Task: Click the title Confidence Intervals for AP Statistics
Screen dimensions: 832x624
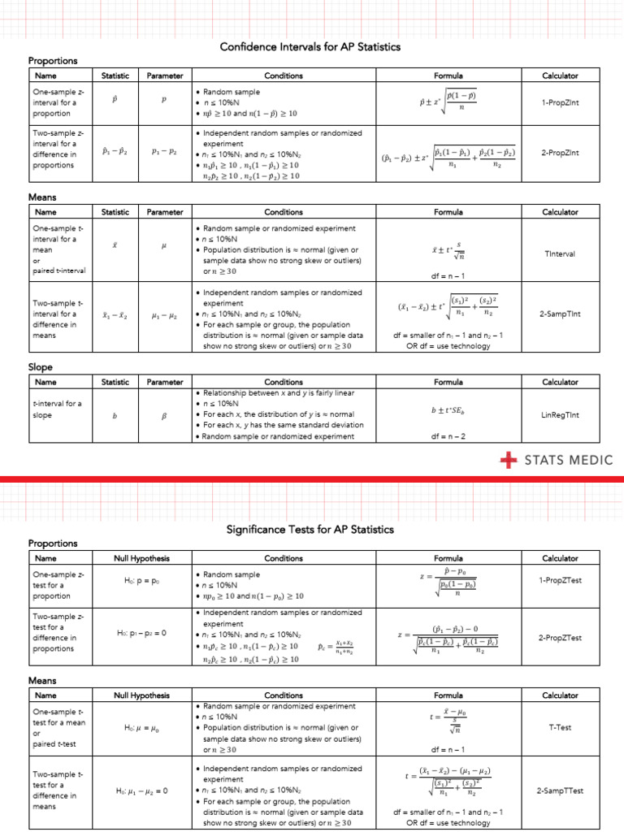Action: [311, 47]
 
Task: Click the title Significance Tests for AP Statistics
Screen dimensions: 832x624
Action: [311, 530]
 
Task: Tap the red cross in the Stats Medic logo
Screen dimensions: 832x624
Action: [509, 461]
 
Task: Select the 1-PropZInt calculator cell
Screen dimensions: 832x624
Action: [560, 103]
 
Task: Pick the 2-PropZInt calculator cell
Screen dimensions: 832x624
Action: [560, 152]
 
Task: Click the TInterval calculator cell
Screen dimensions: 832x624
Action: [560, 253]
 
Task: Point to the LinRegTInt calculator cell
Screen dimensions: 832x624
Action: [560, 414]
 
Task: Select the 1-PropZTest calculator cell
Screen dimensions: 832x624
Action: [560, 579]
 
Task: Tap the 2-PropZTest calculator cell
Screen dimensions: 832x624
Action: [560, 638]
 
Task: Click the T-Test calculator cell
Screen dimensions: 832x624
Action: [560, 727]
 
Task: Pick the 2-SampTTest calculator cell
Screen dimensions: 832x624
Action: [560, 791]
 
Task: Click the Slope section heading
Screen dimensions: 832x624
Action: [40, 367]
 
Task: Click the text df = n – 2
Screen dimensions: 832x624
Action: [448, 436]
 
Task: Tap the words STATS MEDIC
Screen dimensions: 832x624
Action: [569, 461]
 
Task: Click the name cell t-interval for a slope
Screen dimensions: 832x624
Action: [53, 409]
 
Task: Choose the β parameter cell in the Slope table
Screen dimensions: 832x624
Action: [164, 415]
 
